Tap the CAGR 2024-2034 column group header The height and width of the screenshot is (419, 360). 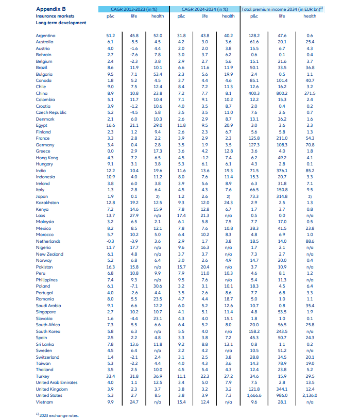click(x=204, y=9)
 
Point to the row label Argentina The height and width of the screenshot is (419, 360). click(x=46, y=35)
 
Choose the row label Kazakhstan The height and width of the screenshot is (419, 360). click(x=47, y=203)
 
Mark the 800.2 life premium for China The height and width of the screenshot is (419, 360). click(x=282, y=93)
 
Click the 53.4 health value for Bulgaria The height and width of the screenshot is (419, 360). click(x=157, y=74)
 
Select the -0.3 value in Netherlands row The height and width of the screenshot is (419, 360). click(x=110, y=241)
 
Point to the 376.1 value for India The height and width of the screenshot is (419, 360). click(x=282, y=170)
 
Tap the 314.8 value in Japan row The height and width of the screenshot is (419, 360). click(x=282, y=196)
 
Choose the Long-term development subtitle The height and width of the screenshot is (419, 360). click(x=61, y=23)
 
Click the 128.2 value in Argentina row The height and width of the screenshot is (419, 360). click(x=254, y=35)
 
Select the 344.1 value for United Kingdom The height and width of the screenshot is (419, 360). click(x=282, y=388)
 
